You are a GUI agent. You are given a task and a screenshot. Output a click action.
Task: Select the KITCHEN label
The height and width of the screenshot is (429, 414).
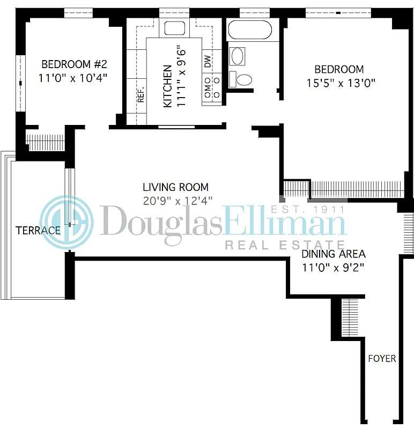(x=168, y=86)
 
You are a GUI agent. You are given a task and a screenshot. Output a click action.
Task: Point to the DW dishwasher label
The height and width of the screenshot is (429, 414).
(x=208, y=62)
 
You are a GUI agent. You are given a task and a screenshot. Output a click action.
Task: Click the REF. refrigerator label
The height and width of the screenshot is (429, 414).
(x=142, y=95)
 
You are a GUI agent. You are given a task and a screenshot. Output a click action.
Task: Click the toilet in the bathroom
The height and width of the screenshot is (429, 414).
(x=242, y=80)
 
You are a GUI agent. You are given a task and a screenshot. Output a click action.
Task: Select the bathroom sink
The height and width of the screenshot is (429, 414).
(x=236, y=56)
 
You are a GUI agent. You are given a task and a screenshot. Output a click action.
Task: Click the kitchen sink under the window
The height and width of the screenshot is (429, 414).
(x=174, y=28)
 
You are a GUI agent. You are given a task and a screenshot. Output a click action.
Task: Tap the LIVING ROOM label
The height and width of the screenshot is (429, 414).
(x=175, y=187)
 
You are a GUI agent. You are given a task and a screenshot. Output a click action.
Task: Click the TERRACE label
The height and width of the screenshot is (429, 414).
(x=38, y=231)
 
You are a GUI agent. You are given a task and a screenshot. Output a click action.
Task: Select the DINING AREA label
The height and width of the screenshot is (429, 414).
(x=333, y=254)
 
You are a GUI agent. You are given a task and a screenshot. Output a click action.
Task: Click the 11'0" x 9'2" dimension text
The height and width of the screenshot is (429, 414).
(x=333, y=268)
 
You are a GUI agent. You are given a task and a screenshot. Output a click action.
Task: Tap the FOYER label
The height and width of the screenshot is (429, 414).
(x=382, y=358)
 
